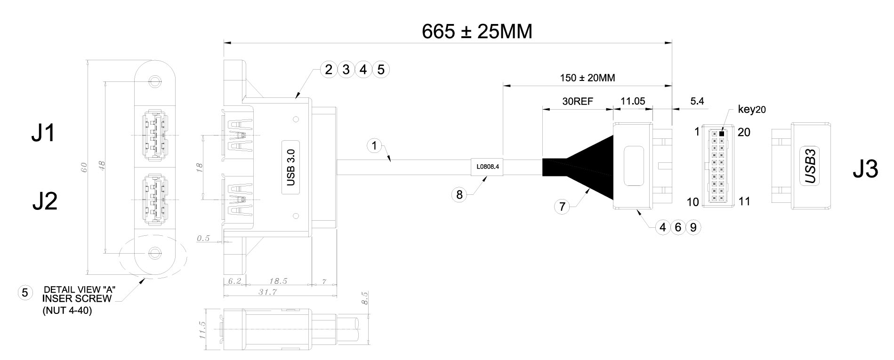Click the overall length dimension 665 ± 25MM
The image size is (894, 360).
[x=477, y=32]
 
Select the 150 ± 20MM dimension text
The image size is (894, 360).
[x=587, y=78]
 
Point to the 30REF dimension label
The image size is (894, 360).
[x=577, y=101]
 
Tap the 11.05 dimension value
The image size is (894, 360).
[x=633, y=101]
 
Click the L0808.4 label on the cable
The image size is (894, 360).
[x=487, y=166]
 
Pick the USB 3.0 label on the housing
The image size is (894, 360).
[x=291, y=167]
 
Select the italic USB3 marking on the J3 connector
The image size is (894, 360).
[x=810, y=167]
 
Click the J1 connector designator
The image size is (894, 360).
[x=43, y=134]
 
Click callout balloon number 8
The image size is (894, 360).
[x=459, y=194]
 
